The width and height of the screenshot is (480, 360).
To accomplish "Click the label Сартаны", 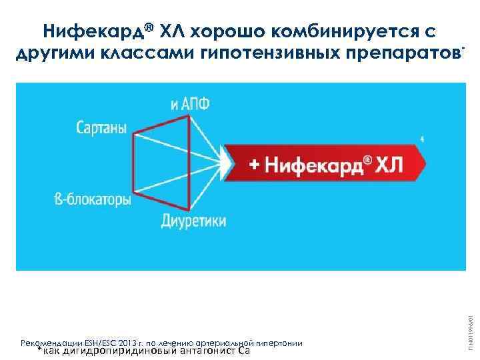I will click(101, 128).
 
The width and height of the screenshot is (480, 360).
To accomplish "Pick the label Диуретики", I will click(193, 221).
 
